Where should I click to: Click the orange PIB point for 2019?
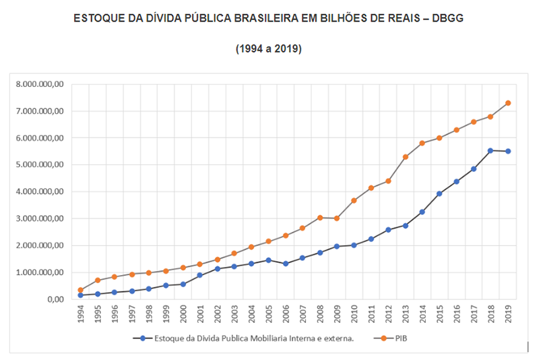pos(508,103)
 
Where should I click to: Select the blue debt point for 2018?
pos(490,150)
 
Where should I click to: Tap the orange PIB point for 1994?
pos(81,290)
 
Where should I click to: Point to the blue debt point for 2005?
pos(268,260)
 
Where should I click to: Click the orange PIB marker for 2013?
pos(406,157)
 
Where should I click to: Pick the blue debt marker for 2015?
pos(440,193)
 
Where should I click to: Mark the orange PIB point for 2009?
pos(337,218)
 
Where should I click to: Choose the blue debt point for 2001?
pos(200,275)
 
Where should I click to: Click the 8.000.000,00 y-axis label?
pos(41,84)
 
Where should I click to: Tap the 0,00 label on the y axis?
pos(54,299)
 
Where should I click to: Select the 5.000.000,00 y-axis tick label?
pos(41,164)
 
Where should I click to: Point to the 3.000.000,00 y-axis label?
pos(41,218)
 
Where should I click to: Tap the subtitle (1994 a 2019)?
pos(269,49)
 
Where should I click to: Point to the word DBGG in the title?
pos(447,19)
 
